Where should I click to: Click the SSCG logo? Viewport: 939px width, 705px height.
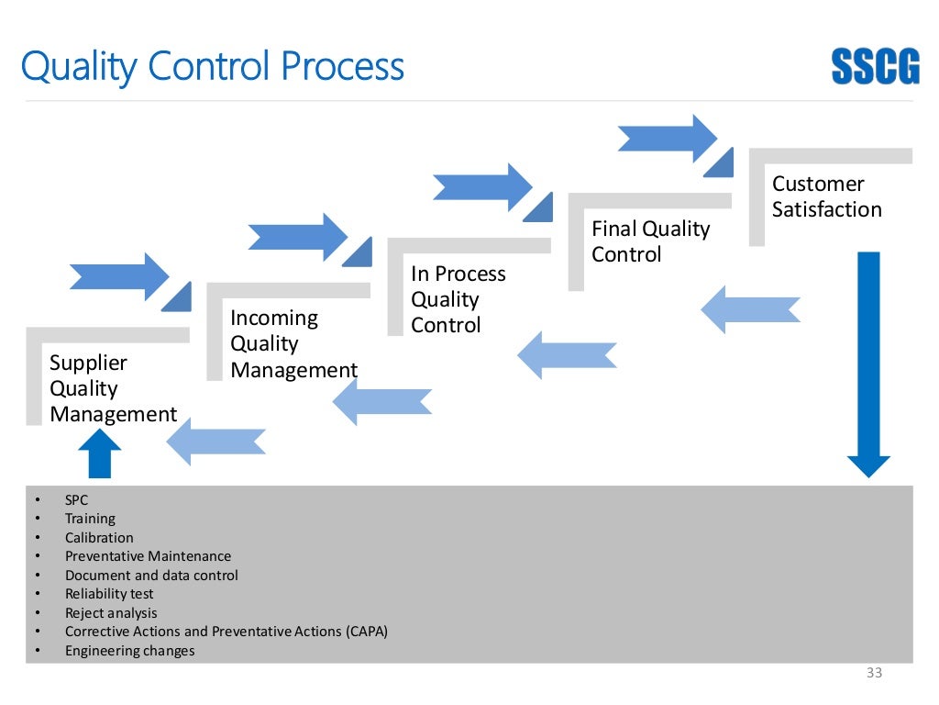click(875, 66)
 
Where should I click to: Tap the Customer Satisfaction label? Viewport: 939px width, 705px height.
click(826, 196)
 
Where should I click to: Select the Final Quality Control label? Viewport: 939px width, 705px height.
click(650, 241)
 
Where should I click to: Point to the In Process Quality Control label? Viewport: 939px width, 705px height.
click(458, 299)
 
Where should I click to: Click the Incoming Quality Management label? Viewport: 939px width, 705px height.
click(293, 344)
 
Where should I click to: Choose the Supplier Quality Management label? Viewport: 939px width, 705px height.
click(113, 388)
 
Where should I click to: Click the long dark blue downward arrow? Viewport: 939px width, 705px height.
click(867, 364)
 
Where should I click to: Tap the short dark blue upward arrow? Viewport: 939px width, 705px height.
click(99, 454)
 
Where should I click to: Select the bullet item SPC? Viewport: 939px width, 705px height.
click(76, 500)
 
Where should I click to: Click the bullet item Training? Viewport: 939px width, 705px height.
click(90, 519)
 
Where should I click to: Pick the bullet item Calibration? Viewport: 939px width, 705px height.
click(99, 538)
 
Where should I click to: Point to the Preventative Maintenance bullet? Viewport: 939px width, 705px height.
click(148, 556)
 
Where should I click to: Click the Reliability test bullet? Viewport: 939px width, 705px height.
click(109, 594)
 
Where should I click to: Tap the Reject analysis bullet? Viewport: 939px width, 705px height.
click(111, 613)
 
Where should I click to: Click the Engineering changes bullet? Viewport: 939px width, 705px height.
click(129, 651)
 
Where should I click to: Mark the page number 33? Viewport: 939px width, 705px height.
click(874, 674)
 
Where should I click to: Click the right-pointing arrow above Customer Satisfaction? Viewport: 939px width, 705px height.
click(667, 138)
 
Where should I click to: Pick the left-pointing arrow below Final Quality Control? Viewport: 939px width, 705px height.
click(568, 355)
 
